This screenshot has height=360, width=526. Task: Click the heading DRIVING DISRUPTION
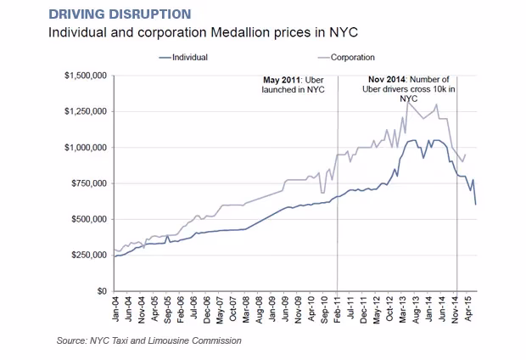[120, 14]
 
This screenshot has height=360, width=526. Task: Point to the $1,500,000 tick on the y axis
[84, 76]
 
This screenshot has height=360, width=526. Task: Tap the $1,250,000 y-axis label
[84, 111]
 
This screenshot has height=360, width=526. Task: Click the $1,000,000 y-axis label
[84, 147]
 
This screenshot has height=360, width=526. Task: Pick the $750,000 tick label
[87, 183]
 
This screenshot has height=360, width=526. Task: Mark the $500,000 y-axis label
[87, 219]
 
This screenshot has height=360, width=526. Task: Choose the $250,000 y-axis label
[87, 255]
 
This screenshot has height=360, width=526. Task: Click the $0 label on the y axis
[99, 291]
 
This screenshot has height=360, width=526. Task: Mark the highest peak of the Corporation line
[408, 102]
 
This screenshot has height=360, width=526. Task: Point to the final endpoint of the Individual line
[475, 205]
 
